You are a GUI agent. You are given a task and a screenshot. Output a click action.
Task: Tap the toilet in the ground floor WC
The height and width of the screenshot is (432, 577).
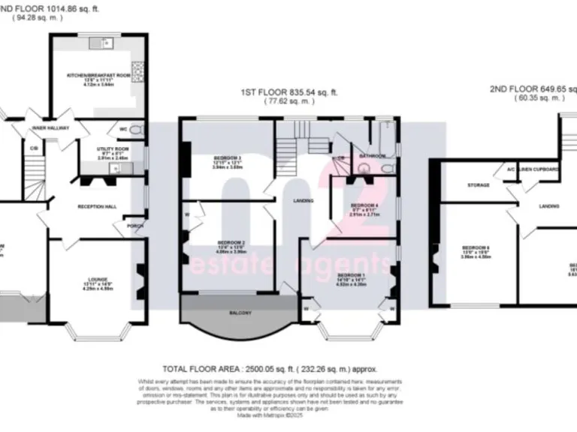pyautogui.click(x=136, y=130)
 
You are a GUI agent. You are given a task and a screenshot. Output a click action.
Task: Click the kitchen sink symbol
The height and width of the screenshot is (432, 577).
pyautogui.click(x=101, y=43)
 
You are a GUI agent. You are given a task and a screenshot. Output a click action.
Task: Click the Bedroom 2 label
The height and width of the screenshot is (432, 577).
pyautogui.click(x=211, y=243)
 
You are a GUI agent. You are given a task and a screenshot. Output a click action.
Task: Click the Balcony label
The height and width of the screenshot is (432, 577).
pyautogui.click(x=231, y=312)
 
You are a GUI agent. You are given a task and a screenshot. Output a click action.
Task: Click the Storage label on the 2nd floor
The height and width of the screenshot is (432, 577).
pyautogui.click(x=479, y=184)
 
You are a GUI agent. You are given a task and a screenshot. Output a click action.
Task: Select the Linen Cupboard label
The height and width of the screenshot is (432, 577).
pyautogui.click(x=537, y=169)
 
